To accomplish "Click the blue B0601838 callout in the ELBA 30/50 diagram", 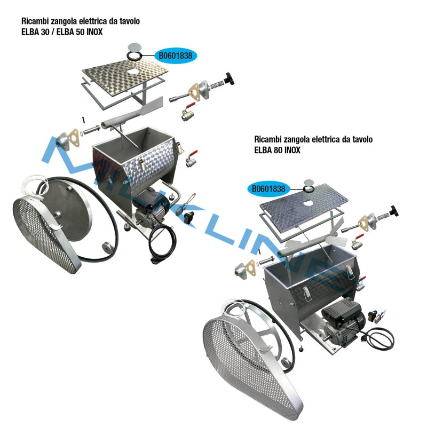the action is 176,56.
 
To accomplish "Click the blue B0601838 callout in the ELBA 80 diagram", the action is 268,189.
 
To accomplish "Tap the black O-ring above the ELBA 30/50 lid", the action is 135,56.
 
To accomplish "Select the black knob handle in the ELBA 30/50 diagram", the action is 229,78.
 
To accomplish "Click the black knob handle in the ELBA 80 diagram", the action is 393,211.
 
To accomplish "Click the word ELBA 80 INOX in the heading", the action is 277,150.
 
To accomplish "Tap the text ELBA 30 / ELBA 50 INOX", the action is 62,32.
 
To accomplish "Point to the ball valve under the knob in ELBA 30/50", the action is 188,113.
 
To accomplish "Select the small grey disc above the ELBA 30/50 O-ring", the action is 135,46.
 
